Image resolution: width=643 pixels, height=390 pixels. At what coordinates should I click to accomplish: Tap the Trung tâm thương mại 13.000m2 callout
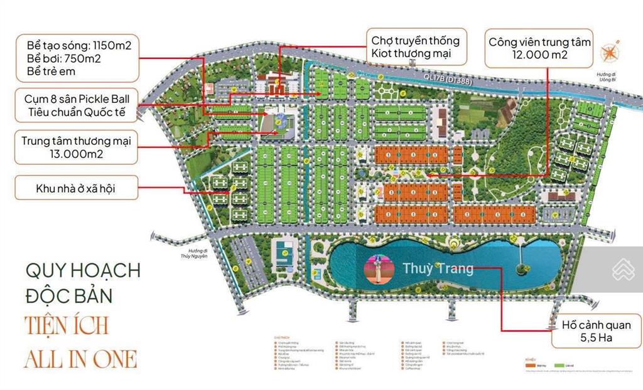pos(76,147)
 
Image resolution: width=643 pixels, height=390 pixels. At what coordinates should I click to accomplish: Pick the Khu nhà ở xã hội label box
pos(76,187)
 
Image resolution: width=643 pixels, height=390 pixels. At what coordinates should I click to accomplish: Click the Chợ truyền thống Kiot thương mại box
pos(416,47)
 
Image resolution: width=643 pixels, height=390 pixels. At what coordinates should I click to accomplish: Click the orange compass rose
pos(610,53)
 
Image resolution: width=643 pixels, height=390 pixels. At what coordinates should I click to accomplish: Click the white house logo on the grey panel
pos(622,268)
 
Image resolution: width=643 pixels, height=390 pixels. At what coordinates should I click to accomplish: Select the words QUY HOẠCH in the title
pos(83,271)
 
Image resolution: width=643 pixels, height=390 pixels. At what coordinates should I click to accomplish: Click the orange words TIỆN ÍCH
pos(67,326)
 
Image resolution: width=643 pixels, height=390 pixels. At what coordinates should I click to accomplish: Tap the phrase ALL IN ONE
pos(80,358)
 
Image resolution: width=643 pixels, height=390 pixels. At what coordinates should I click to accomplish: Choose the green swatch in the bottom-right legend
pos(559,362)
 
